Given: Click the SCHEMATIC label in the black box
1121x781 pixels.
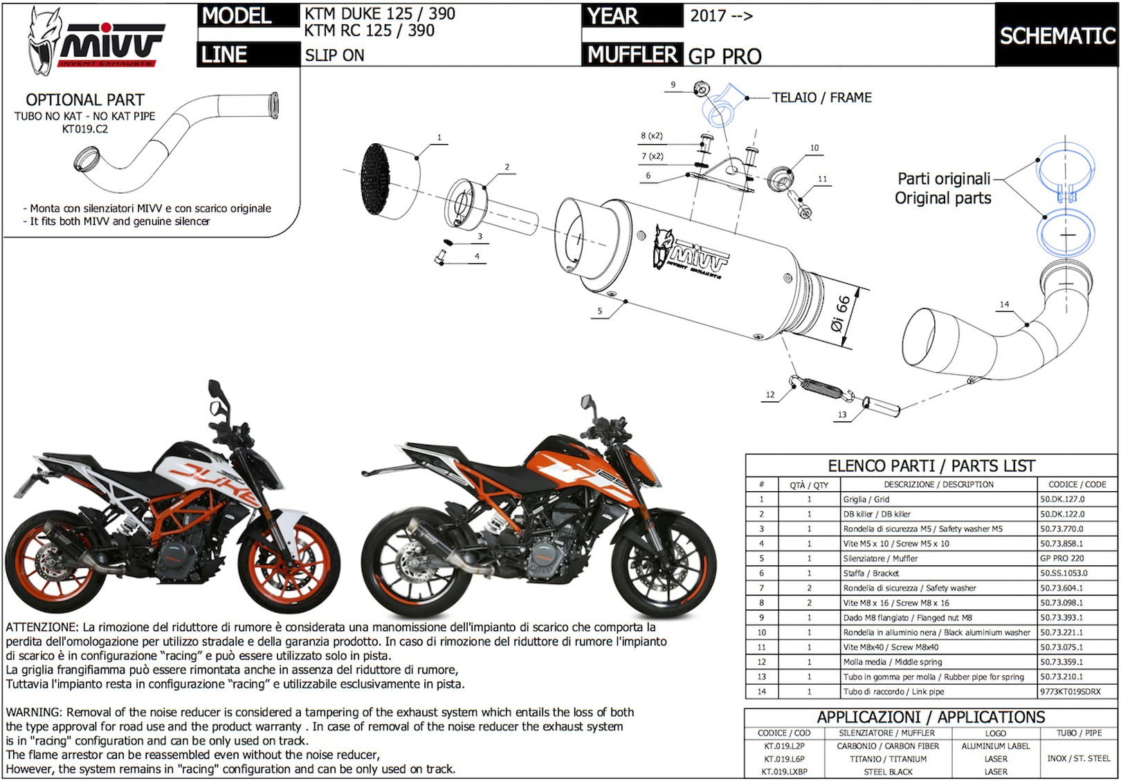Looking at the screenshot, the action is pos(1057,36).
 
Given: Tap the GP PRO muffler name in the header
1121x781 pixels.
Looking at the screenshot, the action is pos(724,56).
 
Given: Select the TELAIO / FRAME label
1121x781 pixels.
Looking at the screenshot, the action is pos(821,97).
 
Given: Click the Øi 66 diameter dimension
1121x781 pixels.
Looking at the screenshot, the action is pos(841,313).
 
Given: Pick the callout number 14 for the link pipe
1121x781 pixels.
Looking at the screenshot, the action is pos(1004,304).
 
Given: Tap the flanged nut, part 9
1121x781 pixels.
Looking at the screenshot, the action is pos(702,90).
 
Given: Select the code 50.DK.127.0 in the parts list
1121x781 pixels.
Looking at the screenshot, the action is pos(1062,499).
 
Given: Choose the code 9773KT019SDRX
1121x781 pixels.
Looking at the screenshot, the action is pos(1070,692).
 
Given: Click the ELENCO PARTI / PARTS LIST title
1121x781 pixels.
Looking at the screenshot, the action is pos(931,466).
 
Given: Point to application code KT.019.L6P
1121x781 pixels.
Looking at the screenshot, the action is pos(784,759).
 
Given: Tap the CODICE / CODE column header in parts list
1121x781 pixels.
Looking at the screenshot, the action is pos(1077,484).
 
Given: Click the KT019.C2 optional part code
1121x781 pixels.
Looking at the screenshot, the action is pos(84,129).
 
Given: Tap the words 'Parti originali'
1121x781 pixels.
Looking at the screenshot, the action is pos(944,178).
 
